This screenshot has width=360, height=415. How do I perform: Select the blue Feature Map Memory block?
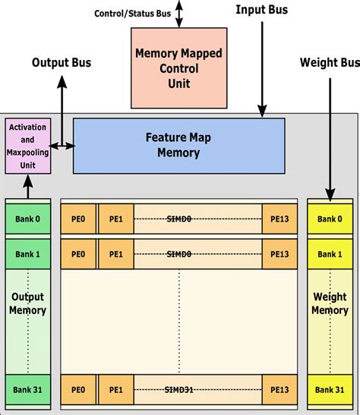[178, 146]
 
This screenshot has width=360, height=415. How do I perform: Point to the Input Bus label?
[261, 10]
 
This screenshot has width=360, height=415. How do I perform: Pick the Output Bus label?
[61, 62]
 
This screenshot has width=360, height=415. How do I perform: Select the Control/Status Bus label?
[131, 14]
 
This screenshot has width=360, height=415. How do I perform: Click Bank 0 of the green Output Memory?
[27, 219]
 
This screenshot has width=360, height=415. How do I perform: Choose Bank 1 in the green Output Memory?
[27, 254]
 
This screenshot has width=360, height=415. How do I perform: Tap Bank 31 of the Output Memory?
[27, 389]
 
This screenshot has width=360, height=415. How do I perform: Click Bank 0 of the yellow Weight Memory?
[330, 219]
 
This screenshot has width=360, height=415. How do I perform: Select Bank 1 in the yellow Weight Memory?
[330, 254]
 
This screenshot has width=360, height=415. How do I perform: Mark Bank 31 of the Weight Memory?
[330, 389]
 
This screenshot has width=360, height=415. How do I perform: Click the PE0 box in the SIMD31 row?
[78, 389]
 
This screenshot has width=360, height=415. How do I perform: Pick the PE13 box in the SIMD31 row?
[278, 389]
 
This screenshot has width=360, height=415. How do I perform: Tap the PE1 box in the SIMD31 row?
[115, 389]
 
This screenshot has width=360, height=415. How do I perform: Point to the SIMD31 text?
[179, 389]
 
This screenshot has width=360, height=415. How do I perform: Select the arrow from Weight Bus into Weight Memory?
[330, 137]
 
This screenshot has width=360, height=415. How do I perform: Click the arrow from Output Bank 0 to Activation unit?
[27, 186]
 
